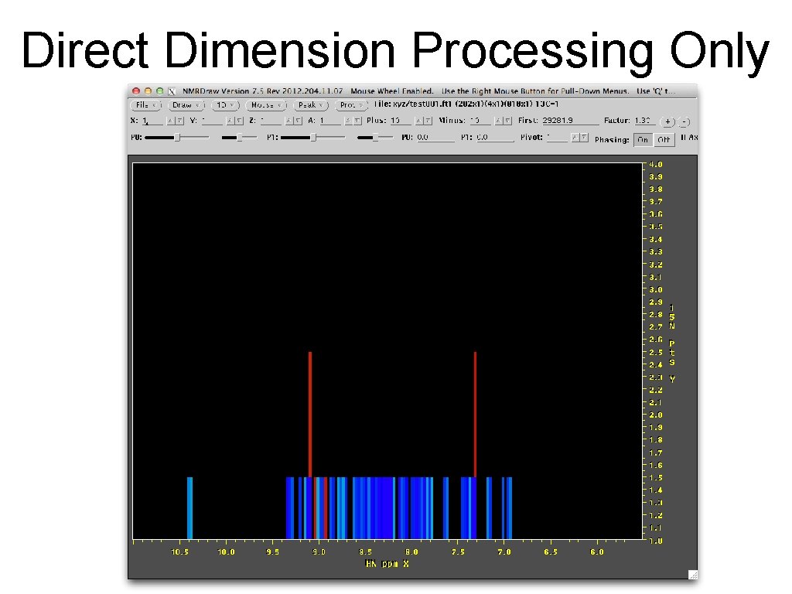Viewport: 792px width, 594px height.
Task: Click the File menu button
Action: [147, 104]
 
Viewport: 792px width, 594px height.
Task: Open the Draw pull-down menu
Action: [187, 104]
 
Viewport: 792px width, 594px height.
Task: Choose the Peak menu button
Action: [311, 104]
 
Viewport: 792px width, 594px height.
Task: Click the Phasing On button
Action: [642, 140]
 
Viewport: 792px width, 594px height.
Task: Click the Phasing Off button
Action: [664, 140]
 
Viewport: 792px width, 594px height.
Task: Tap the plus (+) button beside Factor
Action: [667, 121]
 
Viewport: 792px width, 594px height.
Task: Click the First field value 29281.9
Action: [571, 121]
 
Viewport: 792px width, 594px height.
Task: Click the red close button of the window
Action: [136, 91]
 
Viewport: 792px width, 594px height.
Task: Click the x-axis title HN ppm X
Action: [387, 564]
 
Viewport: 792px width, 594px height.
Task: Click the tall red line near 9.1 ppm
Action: [309, 414]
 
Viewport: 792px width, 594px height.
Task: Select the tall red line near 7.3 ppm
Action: [475, 414]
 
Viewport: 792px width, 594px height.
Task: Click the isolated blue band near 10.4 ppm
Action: [189, 507]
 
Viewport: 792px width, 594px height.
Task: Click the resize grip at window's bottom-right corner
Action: [692, 574]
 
